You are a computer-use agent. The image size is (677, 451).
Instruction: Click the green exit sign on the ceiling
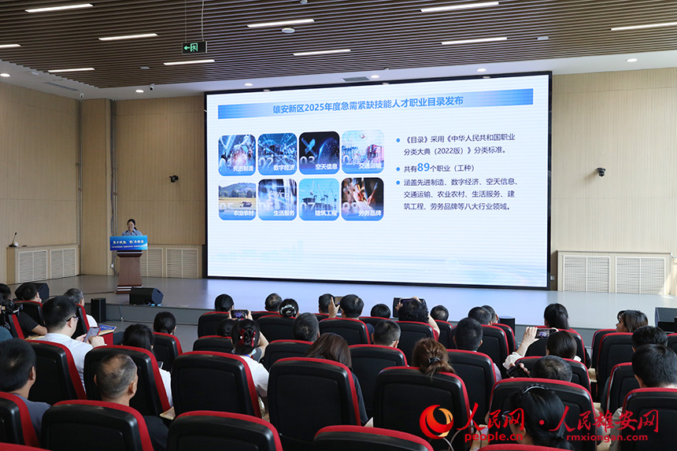click(194, 47)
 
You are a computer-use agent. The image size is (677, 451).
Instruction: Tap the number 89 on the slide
click(424, 167)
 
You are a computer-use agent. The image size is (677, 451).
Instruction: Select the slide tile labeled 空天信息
click(319, 153)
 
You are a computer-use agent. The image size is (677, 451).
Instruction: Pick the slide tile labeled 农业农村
click(237, 199)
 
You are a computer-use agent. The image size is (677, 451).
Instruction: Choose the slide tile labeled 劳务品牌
click(362, 199)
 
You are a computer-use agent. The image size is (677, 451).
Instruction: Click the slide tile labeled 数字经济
click(277, 153)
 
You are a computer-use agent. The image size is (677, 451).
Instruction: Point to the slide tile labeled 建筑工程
click(319, 199)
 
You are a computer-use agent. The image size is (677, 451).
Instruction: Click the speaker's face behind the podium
click(131, 224)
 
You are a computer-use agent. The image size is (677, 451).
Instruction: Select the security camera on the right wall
click(601, 171)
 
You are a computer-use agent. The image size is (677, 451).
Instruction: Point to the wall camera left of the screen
click(173, 179)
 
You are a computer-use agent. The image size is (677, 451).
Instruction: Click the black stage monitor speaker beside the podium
click(146, 296)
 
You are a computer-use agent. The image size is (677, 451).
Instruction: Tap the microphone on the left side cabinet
click(13, 238)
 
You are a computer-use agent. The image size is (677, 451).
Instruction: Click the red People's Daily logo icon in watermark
click(435, 421)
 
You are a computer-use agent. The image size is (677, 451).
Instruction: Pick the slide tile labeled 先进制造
click(237, 153)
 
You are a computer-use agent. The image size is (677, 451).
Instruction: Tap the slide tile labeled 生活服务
click(277, 199)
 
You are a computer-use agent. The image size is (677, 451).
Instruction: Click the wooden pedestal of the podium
click(129, 269)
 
